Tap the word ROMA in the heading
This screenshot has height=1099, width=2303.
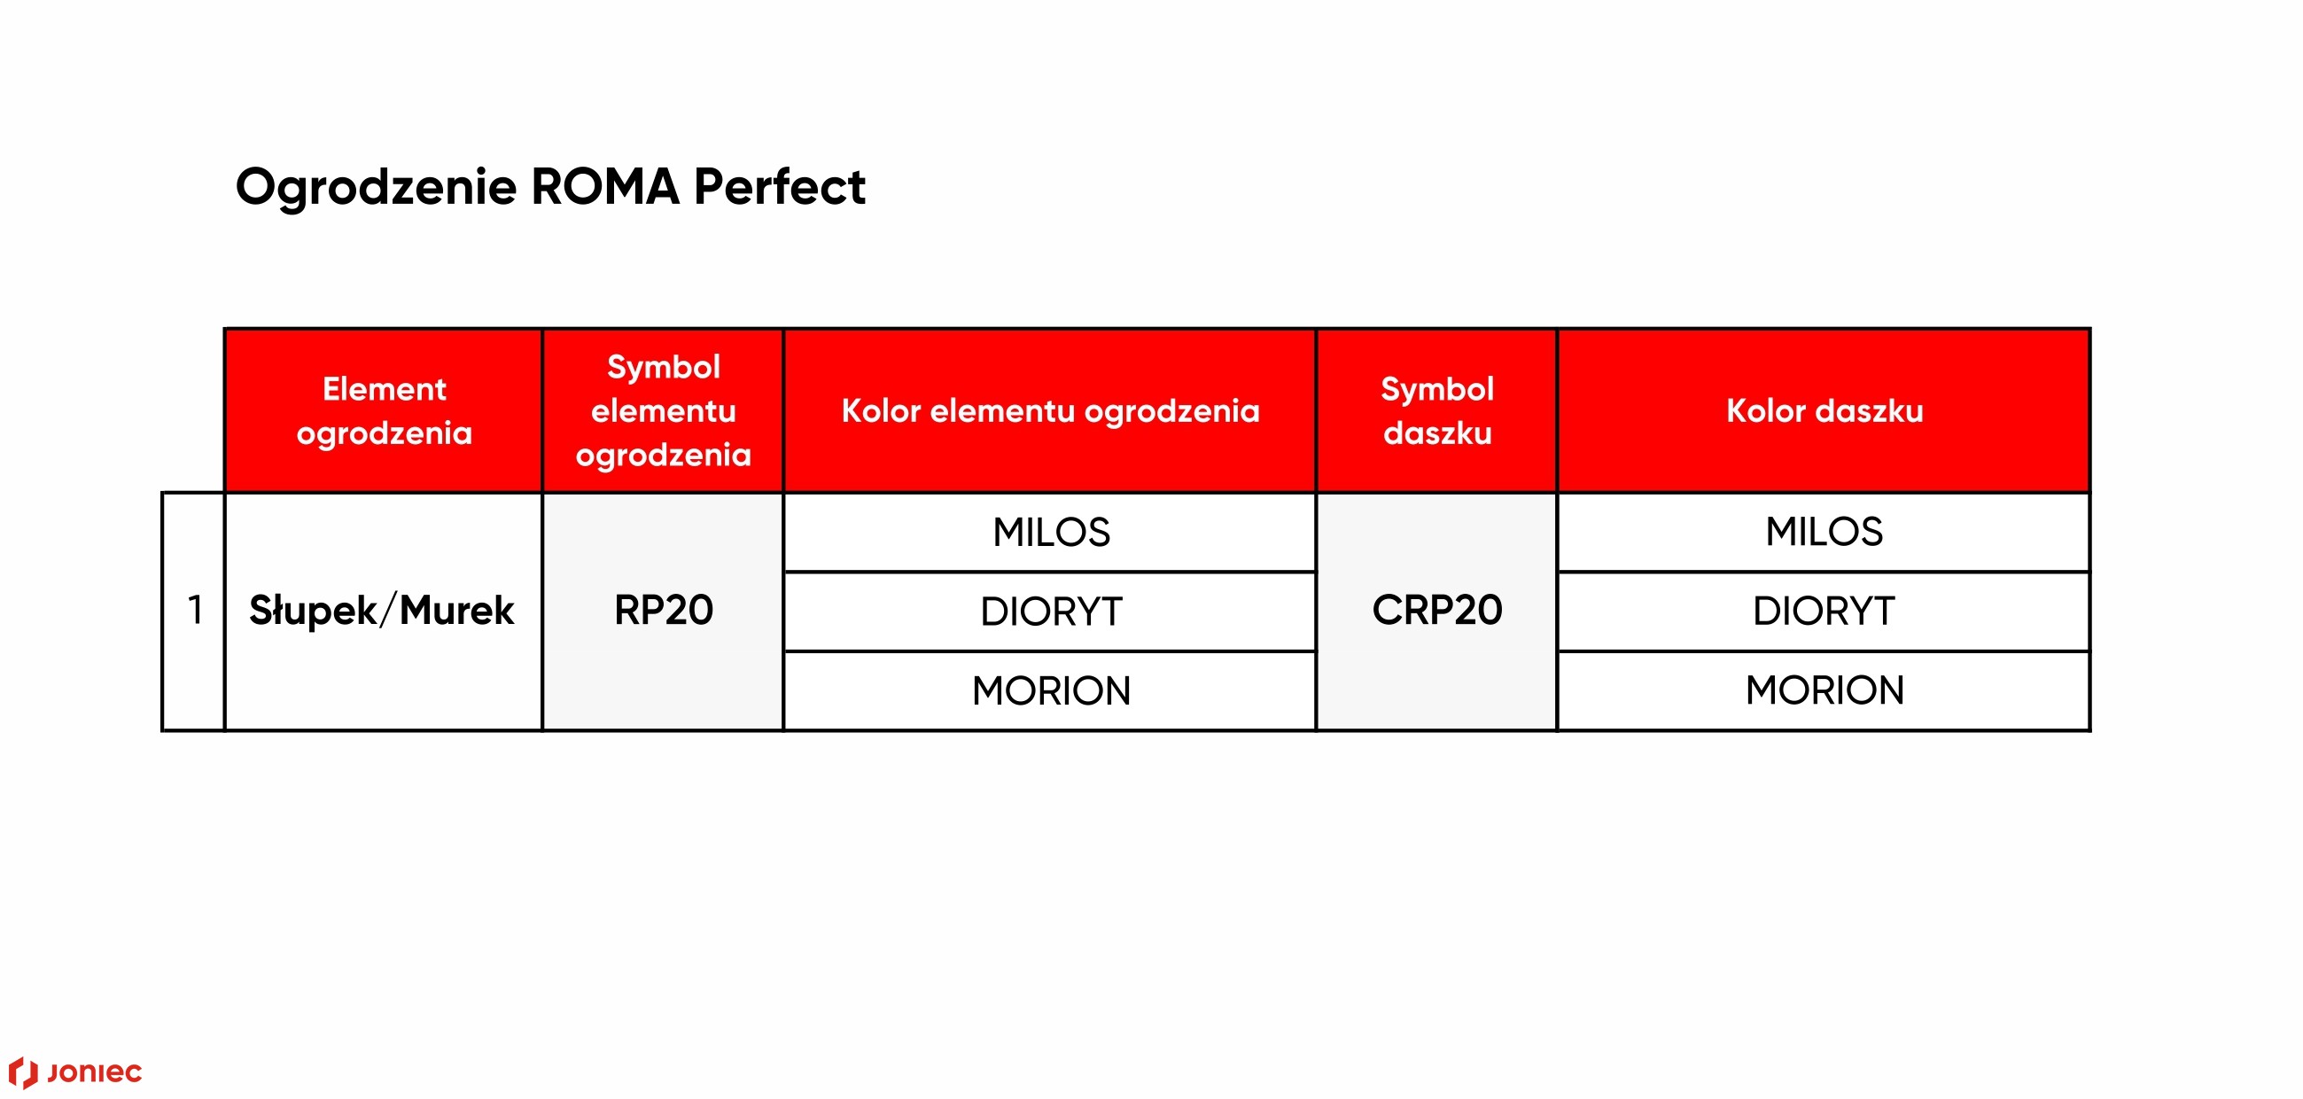(605, 186)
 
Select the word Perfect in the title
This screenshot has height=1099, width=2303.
(779, 186)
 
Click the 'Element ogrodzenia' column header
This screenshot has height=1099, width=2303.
(385, 410)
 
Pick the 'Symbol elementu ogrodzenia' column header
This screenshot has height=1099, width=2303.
(664, 410)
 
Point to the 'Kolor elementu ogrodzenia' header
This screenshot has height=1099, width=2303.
(1050, 410)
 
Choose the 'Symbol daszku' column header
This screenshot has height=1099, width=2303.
(1437, 410)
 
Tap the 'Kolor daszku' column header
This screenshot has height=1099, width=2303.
(1825, 410)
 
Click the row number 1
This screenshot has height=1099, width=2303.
(195, 610)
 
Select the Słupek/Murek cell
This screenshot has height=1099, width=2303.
(382, 611)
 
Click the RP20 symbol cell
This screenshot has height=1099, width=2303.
(664, 610)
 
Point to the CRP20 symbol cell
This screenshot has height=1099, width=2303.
(1437, 610)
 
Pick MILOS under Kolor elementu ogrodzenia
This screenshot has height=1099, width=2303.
(1051, 532)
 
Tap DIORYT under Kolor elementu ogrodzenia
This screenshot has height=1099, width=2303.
(1051, 612)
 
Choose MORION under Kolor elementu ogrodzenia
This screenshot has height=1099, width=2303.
(1051, 690)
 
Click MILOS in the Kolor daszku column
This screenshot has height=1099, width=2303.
(1825, 531)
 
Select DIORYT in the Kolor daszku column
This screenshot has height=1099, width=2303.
(1824, 611)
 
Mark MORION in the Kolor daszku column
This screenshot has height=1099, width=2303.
(1825, 690)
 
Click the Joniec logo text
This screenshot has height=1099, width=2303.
(94, 1073)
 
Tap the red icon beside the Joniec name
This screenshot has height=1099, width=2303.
(23, 1072)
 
